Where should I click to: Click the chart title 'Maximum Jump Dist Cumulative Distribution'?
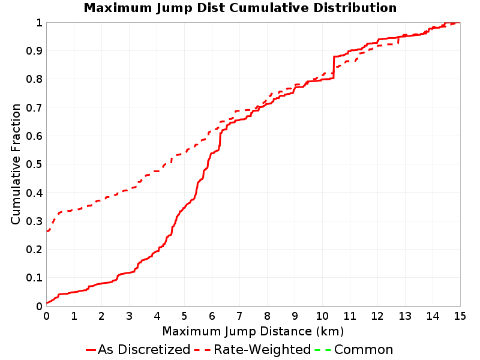pyautogui.click(x=240, y=8)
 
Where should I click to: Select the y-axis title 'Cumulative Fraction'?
pyautogui.click(x=16, y=164)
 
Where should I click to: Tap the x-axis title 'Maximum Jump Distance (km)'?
pyautogui.click(x=253, y=331)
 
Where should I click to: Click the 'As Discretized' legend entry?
pyautogui.click(x=138, y=349)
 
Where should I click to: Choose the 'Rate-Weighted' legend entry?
pyautogui.click(x=253, y=349)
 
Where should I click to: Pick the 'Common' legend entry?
pyautogui.click(x=354, y=349)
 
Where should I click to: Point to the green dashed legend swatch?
pyautogui.click(x=323, y=350)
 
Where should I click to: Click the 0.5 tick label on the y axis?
pyautogui.click(x=34, y=164)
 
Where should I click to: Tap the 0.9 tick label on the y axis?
pyautogui.click(x=34, y=51)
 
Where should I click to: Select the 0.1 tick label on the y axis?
pyautogui.click(x=34, y=278)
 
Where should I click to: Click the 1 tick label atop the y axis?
pyautogui.click(x=39, y=23)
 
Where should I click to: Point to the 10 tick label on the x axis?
pyautogui.click(x=322, y=316)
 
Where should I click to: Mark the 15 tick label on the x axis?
pyautogui.click(x=460, y=316)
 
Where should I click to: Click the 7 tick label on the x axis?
pyautogui.click(x=239, y=316)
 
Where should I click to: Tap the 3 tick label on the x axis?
pyautogui.click(x=129, y=316)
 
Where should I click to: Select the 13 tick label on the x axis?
pyautogui.click(x=404, y=316)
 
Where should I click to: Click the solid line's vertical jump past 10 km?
pyautogui.click(x=334, y=67)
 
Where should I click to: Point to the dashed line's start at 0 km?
pyautogui.click(x=47, y=231)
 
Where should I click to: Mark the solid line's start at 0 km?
pyautogui.click(x=47, y=303)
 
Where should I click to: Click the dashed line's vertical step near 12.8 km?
pyautogui.click(x=398, y=40)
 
